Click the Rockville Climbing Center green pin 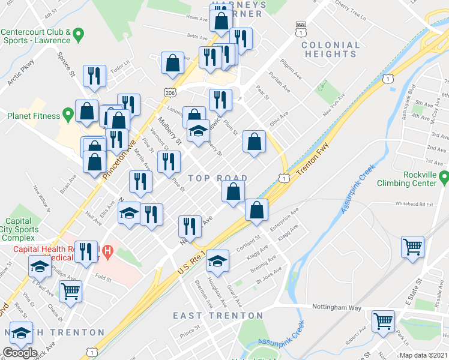(x=444, y=178)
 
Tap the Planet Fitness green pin (x=67, y=113)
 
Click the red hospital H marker (x=107, y=252)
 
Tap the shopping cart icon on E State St (x=413, y=245)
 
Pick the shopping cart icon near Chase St (x=71, y=291)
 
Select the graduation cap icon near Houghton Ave (x=217, y=260)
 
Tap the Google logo (x=20, y=353)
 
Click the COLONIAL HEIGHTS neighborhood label (x=331, y=49)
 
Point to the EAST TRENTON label (x=218, y=316)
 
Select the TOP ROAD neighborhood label (x=217, y=178)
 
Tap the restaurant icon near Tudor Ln (x=95, y=75)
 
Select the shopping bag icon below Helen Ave (x=221, y=19)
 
